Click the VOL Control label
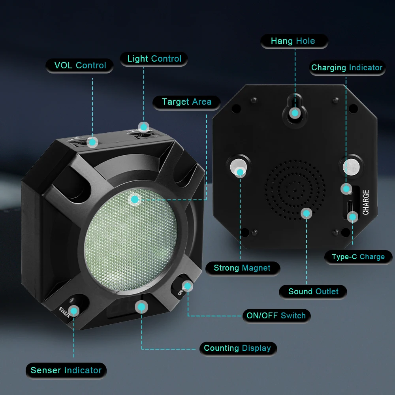(x=80, y=66)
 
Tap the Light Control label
(x=154, y=59)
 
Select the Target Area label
(x=186, y=102)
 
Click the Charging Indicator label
(x=347, y=68)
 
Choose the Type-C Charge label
(x=358, y=257)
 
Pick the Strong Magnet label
(x=243, y=268)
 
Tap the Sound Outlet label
(x=313, y=292)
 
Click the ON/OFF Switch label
(x=276, y=316)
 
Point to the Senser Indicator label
(x=66, y=371)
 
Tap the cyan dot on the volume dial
(x=92, y=142)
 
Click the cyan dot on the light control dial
(x=144, y=127)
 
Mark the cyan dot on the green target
(x=135, y=199)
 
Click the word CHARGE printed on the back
(x=366, y=202)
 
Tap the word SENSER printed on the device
(x=64, y=312)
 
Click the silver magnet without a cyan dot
(x=351, y=167)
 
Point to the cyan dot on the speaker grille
(x=307, y=213)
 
